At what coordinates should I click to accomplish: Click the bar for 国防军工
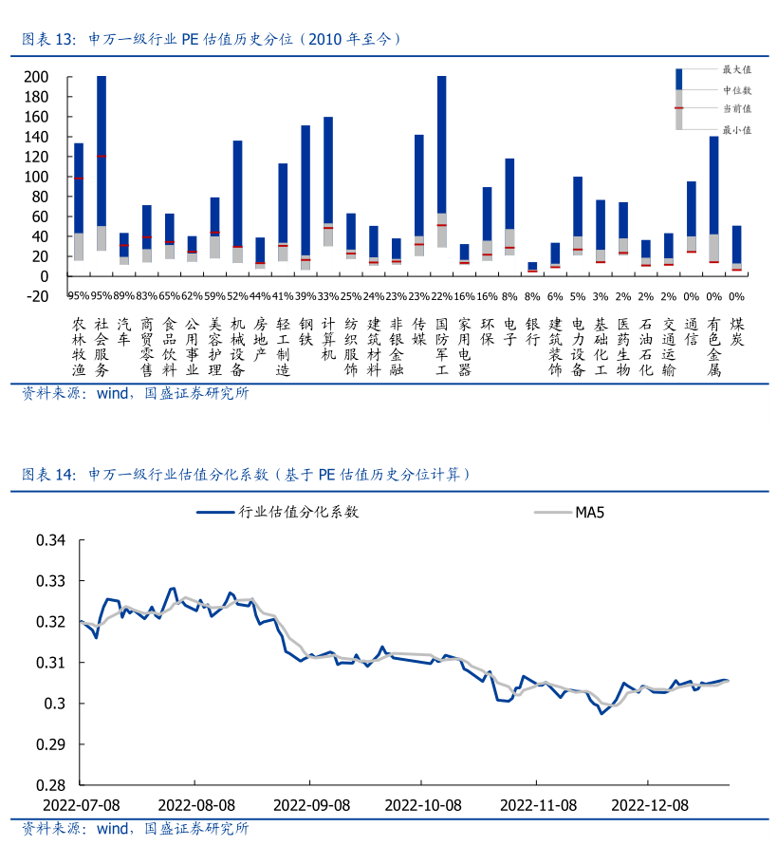click(441, 161)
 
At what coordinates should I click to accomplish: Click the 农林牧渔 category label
click(79, 348)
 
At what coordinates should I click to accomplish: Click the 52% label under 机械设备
click(237, 296)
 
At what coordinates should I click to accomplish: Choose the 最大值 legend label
click(736, 69)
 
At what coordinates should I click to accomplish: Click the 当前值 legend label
click(736, 109)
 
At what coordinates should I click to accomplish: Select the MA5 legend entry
click(589, 514)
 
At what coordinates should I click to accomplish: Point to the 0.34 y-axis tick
click(49, 540)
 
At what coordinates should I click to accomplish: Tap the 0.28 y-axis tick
click(49, 785)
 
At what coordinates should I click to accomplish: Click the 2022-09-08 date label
click(312, 804)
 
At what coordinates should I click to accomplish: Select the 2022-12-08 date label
click(649, 804)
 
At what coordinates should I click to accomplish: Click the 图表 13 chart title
click(213, 40)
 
